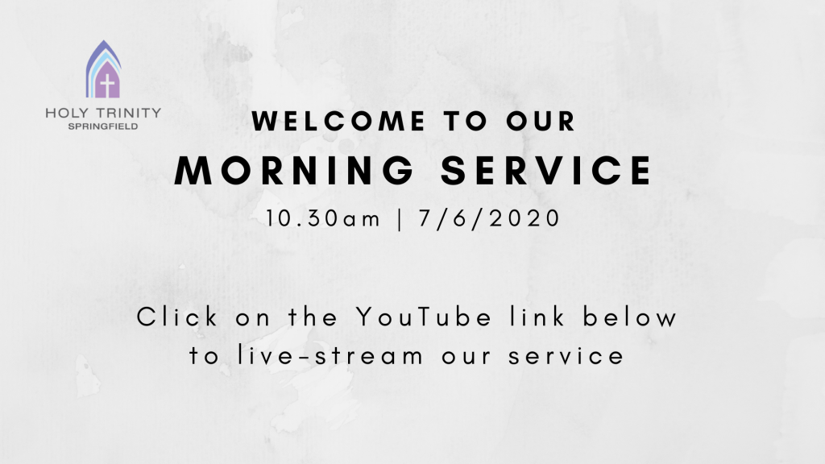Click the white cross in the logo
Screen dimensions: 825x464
pyautogui.click(x=107, y=85)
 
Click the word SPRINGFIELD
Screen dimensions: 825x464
pyautogui.click(x=103, y=126)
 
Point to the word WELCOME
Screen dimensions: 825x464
pyautogui.click(x=339, y=121)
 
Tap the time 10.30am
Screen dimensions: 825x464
pyautogui.click(x=322, y=218)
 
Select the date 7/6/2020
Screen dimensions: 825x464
pyautogui.click(x=489, y=218)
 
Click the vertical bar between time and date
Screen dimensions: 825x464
pyautogui.click(x=400, y=219)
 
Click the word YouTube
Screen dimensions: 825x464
pyautogui.click(x=424, y=317)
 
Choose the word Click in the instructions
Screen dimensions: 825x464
pyautogui.click(x=177, y=317)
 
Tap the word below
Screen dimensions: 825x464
pyautogui.click(x=630, y=317)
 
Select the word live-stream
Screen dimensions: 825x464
pyautogui.click(x=330, y=355)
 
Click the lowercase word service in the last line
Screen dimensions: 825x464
pyautogui.click(x=566, y=356)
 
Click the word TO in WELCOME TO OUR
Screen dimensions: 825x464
pyautogui.click(x=465, y=121)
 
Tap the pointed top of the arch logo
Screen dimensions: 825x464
pyautogui.click(x=103, y=40)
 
